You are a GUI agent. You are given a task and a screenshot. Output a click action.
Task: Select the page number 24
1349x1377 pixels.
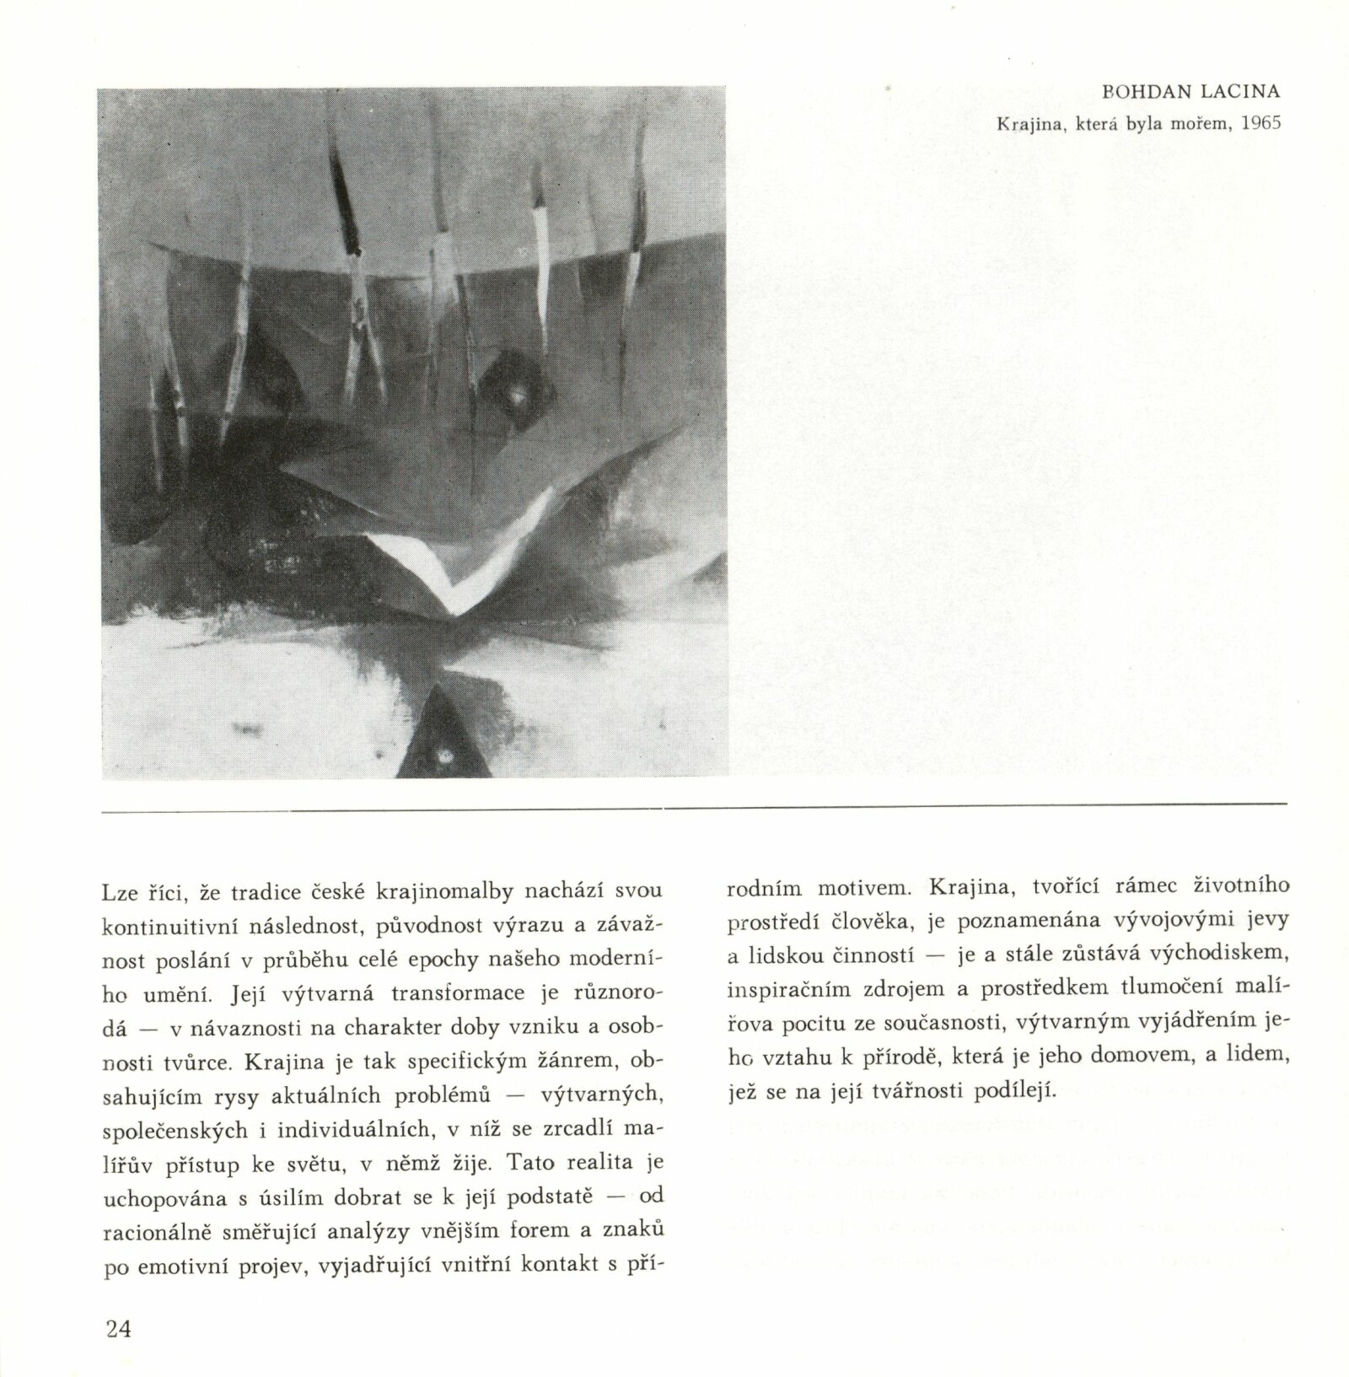(x=118, y=1330)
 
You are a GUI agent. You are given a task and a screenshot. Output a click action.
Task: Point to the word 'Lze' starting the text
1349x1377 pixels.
(x=116, y=890)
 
